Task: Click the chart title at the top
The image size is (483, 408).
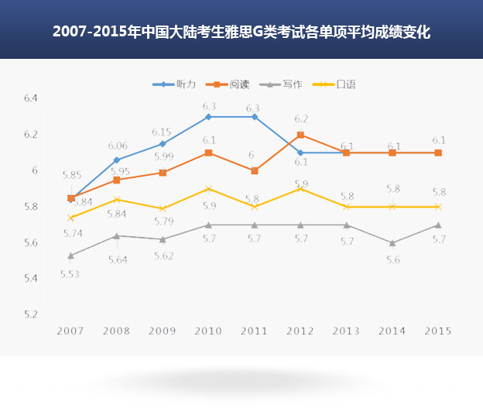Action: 241,33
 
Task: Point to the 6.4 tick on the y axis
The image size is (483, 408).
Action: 31,98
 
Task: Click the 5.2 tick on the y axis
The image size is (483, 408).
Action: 31,314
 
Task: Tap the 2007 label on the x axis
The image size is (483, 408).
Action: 71,331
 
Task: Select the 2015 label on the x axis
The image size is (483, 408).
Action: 438,331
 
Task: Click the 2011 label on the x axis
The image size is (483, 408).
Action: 255,331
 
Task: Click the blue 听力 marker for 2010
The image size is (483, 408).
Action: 208,117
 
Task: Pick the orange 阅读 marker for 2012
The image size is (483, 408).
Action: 300,135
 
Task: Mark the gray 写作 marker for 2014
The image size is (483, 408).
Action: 392,242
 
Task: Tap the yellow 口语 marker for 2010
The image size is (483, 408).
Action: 208,188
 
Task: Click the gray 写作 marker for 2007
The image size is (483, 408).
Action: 71,255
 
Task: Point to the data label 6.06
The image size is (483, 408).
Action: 118,146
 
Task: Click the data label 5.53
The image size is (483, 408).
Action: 70,273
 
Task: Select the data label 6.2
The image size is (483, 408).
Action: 301,118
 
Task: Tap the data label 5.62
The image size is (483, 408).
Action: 163,255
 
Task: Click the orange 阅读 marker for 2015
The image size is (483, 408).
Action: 438,153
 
